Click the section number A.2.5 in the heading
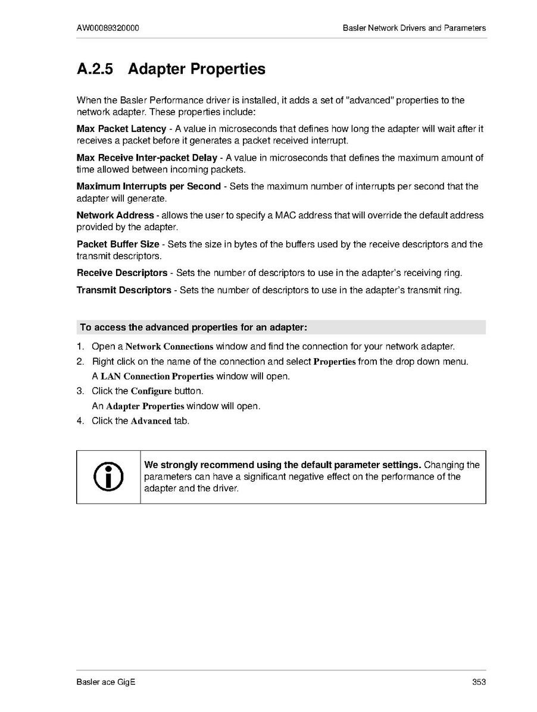[x=95, y=70]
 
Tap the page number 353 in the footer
[x=479, y=682]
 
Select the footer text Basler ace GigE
[x=106, y=682]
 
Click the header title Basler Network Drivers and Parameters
[x=414, y=28]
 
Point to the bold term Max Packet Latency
[x=121, y=129]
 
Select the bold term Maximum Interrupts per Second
[x=149, y=186]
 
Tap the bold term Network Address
[x=115, y=215]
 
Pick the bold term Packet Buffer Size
[x=118, y=244]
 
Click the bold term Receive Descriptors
[x=122, y=273]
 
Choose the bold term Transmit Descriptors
[x=124, y=290]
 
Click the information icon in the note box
[x=108, y=476]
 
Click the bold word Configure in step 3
[x=151, y=391]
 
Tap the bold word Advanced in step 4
[x=151, y=421]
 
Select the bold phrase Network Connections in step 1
[x=169, y=346]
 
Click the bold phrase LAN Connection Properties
[x=157, y=377]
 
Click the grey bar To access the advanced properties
[x=281, y=327]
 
